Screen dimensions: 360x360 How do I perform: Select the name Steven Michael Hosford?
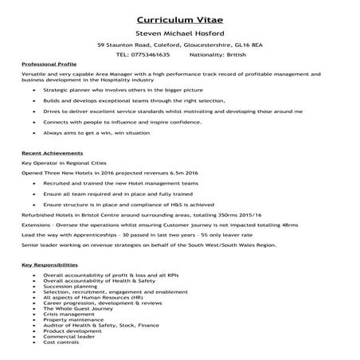[180, 34]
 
